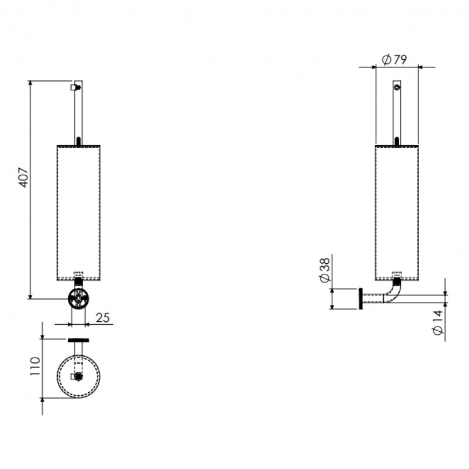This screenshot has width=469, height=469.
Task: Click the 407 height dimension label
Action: (x=23, y=178)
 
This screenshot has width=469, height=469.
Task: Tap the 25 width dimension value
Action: (x=103, y=318)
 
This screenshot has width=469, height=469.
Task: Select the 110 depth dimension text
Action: (x=35, y=366)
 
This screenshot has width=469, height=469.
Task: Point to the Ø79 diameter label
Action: (x=395, y=60)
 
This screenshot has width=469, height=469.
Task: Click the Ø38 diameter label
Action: (x=325, y=270)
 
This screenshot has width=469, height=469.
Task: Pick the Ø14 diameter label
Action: (x=437, y=323)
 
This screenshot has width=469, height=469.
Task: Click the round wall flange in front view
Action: (x=78, y=298)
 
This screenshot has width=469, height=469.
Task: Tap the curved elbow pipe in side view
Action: (x=393, y=291)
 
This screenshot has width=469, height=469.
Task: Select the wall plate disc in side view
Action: (x=361, y=299)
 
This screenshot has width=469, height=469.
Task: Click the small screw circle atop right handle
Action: (x=397, y=87)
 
